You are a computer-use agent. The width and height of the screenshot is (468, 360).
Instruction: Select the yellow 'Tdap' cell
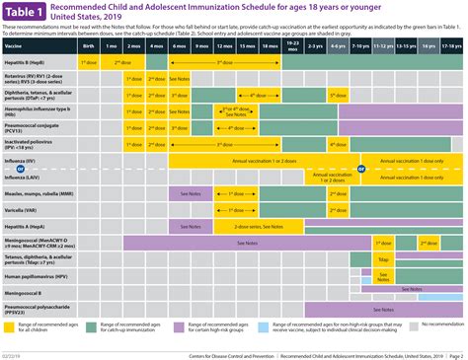click(382, 259)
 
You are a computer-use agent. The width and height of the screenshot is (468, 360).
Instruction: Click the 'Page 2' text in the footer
click(455, 353)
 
